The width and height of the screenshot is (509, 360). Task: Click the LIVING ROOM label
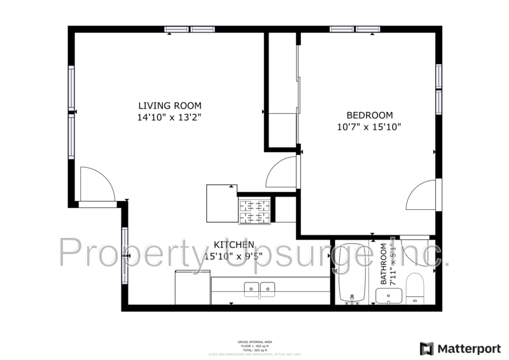[170, 106]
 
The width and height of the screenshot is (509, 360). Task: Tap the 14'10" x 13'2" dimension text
[170, 117]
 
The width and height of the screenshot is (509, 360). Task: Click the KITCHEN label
[234, 245]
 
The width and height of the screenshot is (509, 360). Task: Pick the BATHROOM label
[384, 264]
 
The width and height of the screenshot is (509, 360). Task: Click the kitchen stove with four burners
[254, 211]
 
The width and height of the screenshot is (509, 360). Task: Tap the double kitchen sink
[260, 289]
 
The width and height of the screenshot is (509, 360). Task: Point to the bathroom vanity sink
[388, 296]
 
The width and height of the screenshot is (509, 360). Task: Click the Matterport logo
[459, 349]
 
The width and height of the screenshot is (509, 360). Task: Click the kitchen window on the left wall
[125, 256]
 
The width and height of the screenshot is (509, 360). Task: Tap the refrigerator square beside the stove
[221, 203]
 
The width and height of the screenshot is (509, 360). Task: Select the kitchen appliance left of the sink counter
[193, 287]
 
